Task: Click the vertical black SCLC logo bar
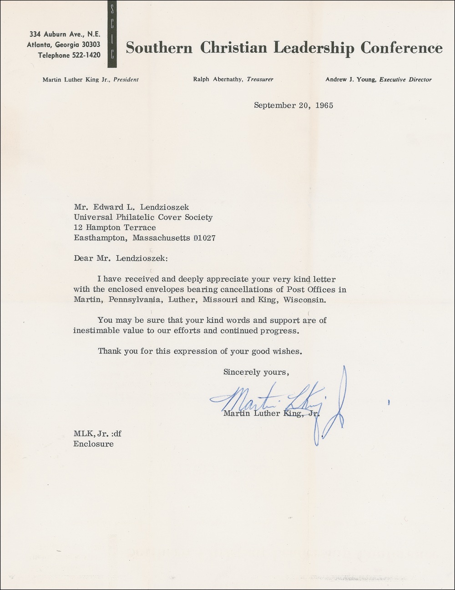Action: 112,35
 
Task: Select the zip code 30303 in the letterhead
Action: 90,44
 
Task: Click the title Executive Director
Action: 405,80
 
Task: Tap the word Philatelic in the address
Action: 131,217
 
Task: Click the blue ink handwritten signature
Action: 282,401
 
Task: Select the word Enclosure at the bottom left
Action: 93,443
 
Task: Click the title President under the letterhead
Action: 126,79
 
